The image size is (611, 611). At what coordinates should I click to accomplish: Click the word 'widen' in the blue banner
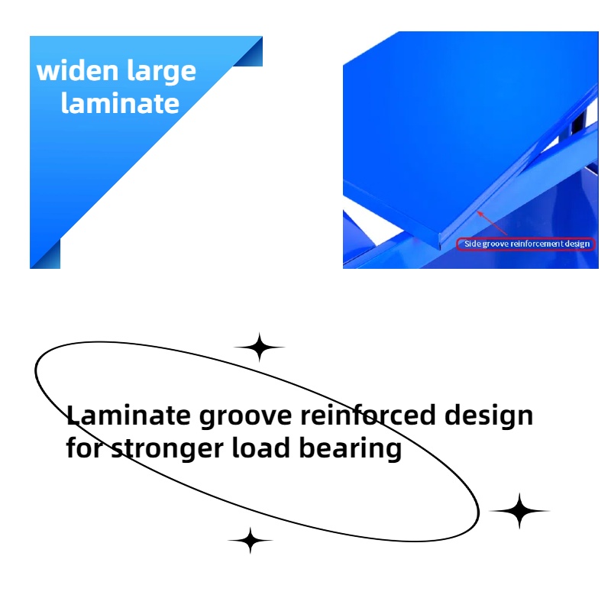point(77,70)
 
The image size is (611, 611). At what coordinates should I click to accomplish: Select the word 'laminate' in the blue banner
point(120,103)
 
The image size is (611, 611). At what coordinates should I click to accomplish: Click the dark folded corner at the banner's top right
point(251,54)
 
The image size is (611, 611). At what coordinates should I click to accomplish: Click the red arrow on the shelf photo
point(492,223)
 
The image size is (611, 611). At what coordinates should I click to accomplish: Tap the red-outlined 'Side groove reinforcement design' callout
point(525,244)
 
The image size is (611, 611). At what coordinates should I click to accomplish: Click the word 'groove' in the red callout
point(496,244)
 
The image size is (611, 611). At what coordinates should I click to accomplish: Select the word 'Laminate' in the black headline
point(128,415)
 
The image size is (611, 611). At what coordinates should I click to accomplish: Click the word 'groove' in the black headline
point(245,416)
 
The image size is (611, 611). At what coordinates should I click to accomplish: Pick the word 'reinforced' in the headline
point(368,415)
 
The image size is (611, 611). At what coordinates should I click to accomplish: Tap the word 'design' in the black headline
point(489,416)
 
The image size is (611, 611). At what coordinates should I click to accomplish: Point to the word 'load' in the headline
point(261,448)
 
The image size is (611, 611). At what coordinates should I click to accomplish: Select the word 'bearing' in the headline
point(351,449)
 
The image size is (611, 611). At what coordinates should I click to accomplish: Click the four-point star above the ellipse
point(260,347)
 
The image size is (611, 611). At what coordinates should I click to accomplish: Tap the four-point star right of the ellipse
point(519,510)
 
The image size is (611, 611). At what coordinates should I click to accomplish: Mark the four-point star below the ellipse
point(251,541)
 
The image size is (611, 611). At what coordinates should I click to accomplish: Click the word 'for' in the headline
point(84,448)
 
